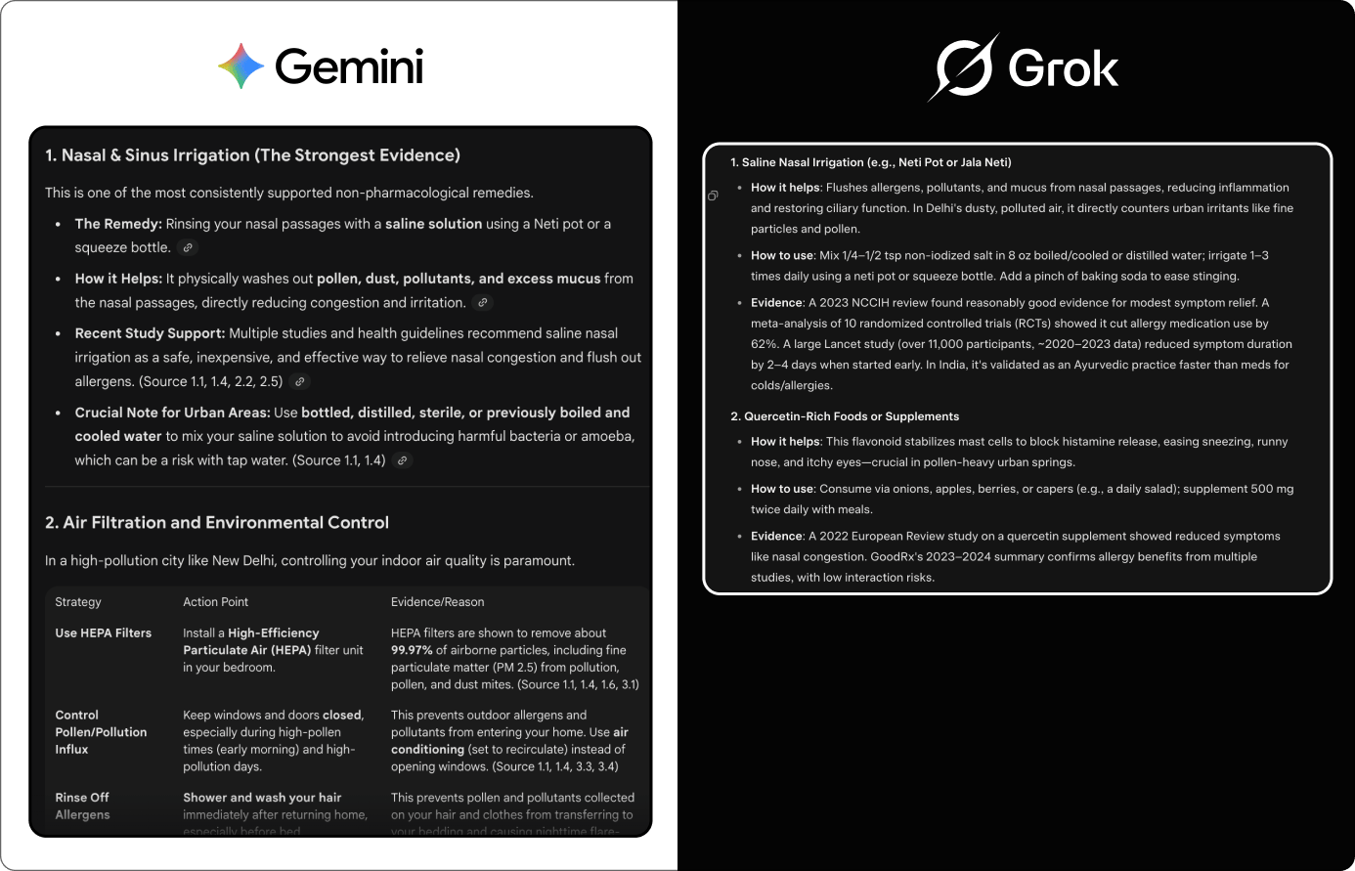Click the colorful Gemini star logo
point(241,66)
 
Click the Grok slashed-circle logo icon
point(963,67)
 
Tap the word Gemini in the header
point(349,67)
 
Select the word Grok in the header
point(1064,68)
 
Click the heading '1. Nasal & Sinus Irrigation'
point(252,155)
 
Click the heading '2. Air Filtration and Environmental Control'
point(217,523)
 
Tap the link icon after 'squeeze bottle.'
point(189,248)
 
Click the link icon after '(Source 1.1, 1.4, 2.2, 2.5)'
point(301,382)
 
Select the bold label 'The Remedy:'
point(118,224)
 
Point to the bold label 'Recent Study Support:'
point(150,333)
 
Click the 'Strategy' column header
point(78,602)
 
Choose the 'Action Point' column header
point(216,602)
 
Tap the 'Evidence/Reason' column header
point(437,602)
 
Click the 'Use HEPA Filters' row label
point(104,633)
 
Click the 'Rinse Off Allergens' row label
point(83,806)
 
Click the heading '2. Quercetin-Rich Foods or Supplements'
point(845,416)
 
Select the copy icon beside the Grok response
point(713,196)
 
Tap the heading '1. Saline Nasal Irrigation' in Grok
point(870,162)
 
